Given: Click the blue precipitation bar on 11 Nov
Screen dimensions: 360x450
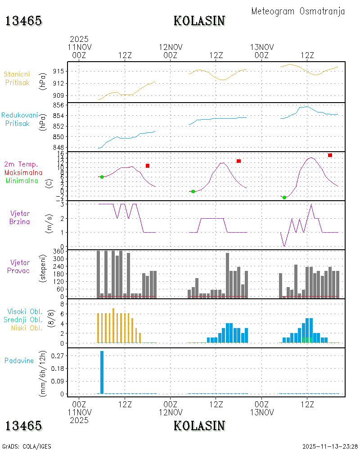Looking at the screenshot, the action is (102, 372).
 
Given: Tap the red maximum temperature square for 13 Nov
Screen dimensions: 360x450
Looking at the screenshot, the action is (330, 155).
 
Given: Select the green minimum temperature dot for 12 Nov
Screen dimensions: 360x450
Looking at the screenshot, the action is (193, 191).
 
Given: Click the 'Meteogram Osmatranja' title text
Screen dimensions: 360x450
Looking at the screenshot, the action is (298, 11).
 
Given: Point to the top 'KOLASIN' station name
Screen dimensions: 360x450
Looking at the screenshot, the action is (199, 21).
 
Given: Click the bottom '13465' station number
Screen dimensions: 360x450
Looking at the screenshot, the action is (23, 426).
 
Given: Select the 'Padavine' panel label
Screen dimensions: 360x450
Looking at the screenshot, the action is (19, 361).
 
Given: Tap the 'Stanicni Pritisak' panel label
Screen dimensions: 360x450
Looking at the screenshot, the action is (17, 78).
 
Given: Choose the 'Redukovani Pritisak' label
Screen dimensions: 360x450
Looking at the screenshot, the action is (19, 119).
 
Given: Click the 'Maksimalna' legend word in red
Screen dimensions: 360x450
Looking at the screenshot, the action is (23, 173).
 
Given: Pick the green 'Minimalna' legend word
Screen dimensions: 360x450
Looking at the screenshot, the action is (22, 181).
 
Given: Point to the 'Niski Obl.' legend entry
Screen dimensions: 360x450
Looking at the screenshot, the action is (27, 328).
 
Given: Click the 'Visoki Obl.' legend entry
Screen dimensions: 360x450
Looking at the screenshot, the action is (25, 311).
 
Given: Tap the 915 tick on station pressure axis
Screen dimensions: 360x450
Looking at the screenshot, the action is (58, 71).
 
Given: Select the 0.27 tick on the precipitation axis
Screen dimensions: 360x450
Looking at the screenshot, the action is (58, 356).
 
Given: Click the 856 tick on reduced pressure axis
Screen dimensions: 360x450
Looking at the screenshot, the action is (58, 105).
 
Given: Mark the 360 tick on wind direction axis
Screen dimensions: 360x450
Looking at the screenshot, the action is (58, 252).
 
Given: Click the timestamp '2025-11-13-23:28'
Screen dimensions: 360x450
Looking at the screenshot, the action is (330, 446).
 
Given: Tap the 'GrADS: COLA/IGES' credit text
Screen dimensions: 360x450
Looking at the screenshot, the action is (27, 446).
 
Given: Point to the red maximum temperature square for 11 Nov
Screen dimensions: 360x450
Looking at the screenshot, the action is (148, 166).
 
